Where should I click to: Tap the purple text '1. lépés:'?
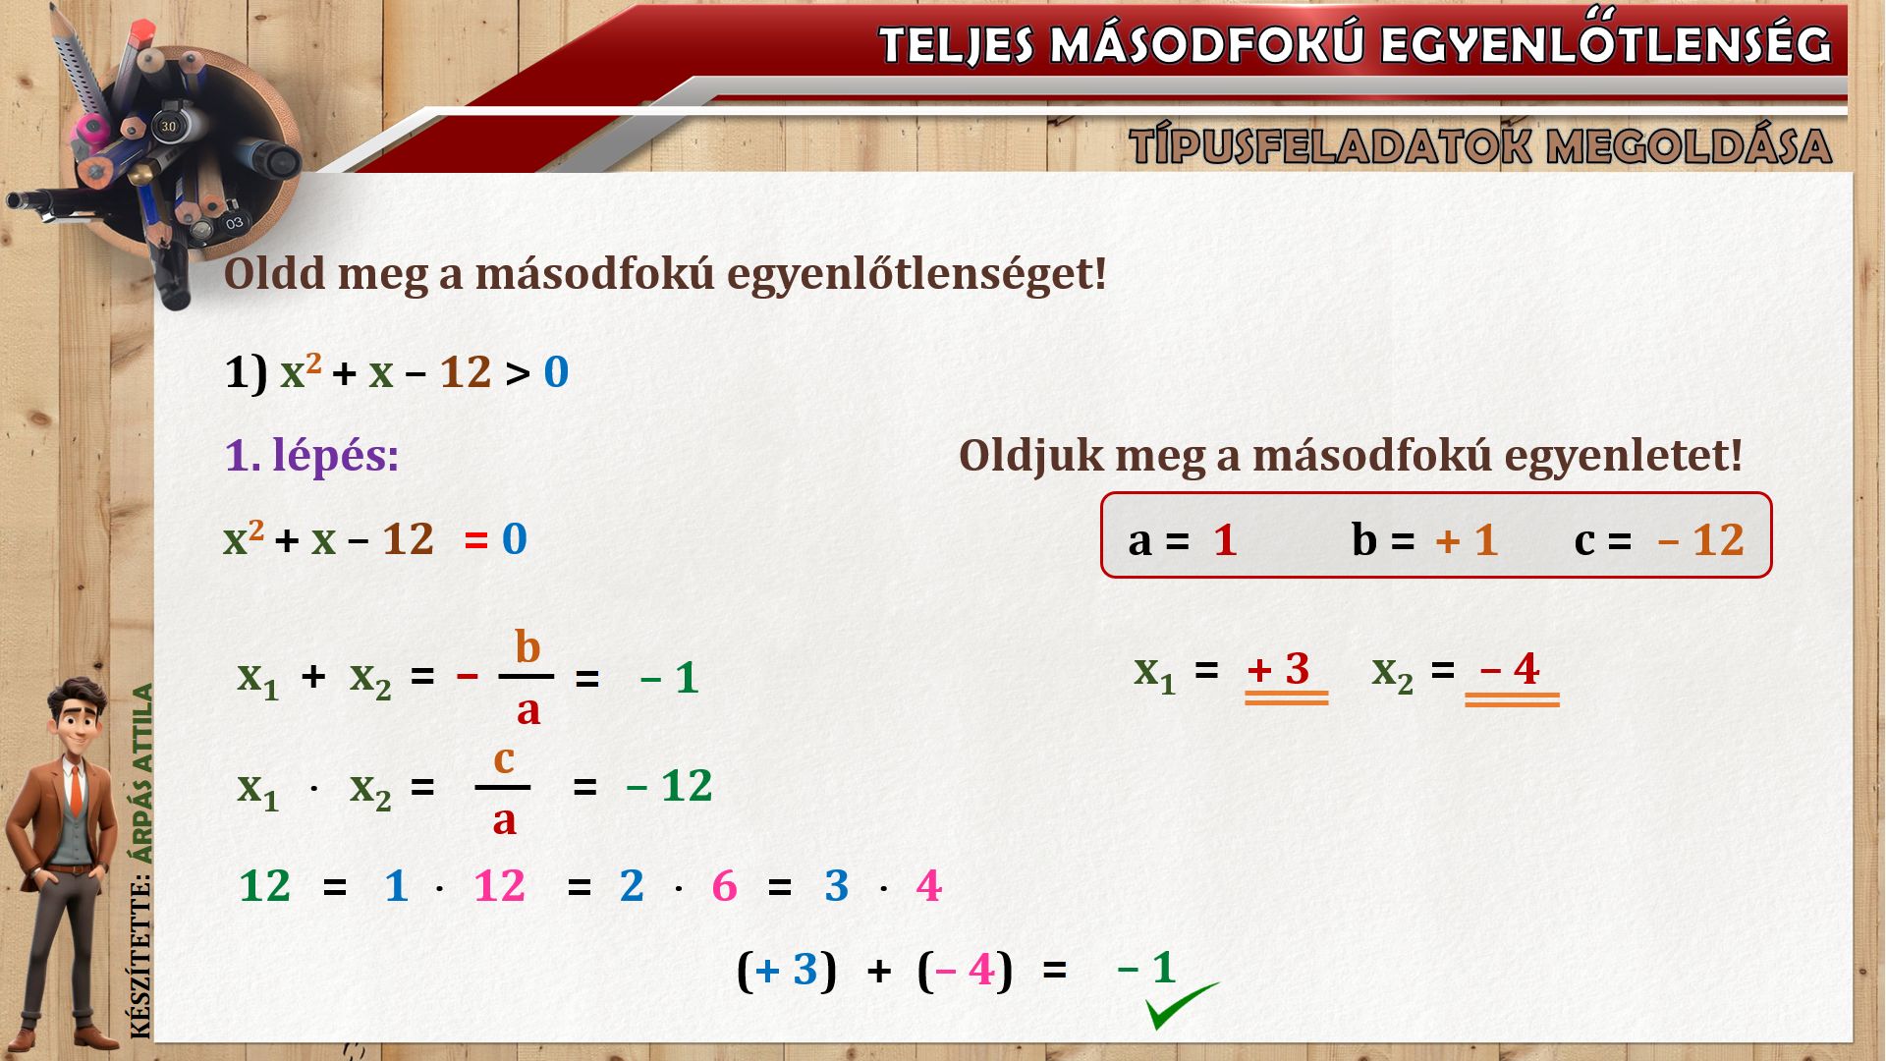312,456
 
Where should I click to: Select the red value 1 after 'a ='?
1225,540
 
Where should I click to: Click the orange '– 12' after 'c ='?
1700,540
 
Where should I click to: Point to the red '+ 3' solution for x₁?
1278,669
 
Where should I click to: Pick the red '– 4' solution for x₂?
1510,669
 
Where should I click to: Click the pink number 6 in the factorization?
724,886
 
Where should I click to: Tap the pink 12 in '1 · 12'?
499,886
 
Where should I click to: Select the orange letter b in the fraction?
527,647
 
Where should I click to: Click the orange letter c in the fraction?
503,759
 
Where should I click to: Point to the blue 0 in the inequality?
556,373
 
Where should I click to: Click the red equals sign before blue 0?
476,540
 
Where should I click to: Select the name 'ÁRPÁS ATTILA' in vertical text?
143,774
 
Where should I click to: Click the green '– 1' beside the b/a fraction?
669,678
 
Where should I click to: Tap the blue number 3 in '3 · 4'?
836,886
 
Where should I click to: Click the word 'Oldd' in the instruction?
274,274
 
